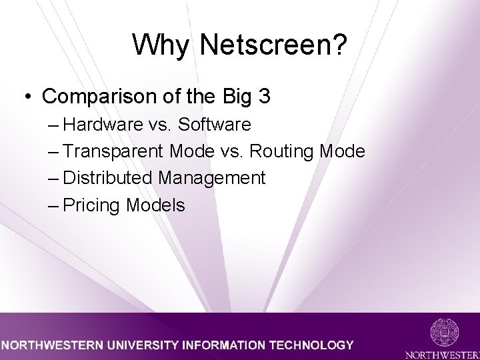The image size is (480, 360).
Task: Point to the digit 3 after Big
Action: tap(264, 97)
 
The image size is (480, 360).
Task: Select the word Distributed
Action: tap(108, 178)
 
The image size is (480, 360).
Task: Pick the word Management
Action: tap(212, 179)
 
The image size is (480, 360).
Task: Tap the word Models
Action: tap(155, 205)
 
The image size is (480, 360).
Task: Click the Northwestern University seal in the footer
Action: tap(444, 331)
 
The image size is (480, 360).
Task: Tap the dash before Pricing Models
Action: tap(54, 205)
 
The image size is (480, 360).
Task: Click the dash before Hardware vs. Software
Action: tap(54, 125)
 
